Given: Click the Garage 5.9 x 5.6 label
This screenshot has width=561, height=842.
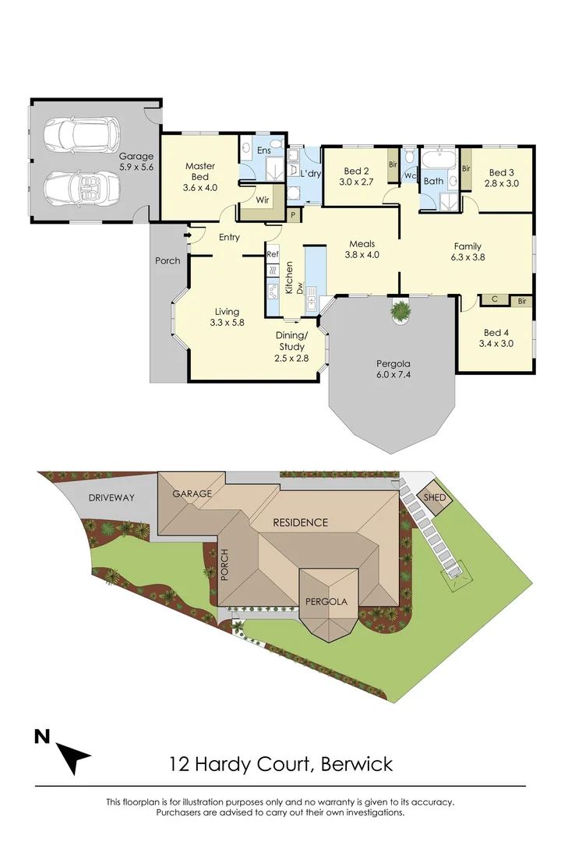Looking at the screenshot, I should coord(136,161).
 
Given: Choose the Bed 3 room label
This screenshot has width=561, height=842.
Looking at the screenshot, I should coord(502,178).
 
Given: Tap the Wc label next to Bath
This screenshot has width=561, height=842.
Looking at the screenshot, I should coord(409,176).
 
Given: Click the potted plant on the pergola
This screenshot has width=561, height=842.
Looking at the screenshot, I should coord(400,311).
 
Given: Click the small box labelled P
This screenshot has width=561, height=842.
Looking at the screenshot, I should coord(293,214).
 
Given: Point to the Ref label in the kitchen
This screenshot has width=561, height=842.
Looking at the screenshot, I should coord(273,254).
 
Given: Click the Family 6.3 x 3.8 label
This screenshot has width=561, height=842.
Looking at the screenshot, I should coord(467,252).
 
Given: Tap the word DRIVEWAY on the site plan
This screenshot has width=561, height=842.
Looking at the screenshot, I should coord(111,497).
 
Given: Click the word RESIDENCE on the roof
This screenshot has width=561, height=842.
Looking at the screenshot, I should coord(300,522).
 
